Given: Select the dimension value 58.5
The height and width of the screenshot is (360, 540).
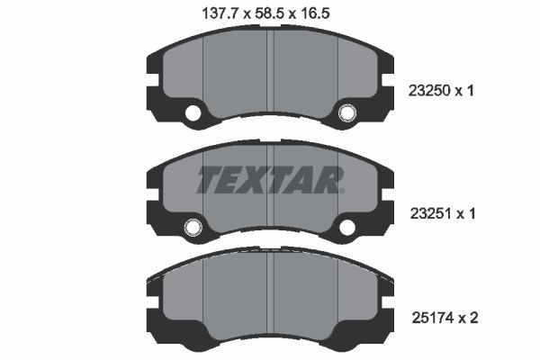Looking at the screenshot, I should point(270,13).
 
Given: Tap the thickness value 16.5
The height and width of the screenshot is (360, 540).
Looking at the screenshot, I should point(328,13).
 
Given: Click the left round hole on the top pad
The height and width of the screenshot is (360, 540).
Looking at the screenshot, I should point(192,113).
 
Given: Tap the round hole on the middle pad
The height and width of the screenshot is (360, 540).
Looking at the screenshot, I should point(192,229).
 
